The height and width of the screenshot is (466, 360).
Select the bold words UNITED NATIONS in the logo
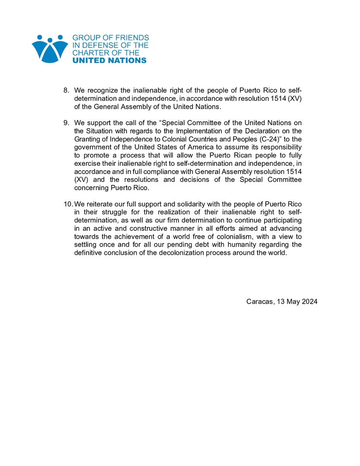[109, 61]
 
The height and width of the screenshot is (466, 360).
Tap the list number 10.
[69, 204]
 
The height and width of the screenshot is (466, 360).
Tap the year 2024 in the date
[309, 302]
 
